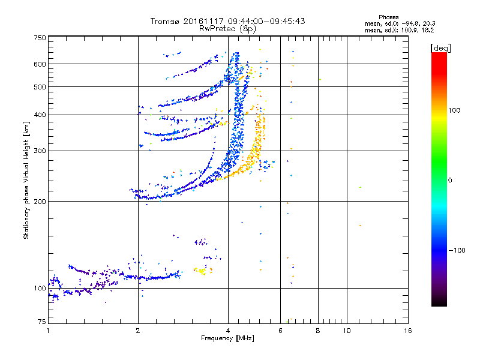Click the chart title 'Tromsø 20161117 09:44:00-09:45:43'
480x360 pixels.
(227, 21)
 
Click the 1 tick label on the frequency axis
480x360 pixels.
(48, 331)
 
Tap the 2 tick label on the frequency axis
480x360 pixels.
(138, 331)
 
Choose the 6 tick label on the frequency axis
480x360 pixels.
(280, 331)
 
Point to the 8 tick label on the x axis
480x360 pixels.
(318, 331)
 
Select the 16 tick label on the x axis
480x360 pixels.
(407, 331)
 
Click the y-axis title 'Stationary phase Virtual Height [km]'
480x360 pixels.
(27, 180)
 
